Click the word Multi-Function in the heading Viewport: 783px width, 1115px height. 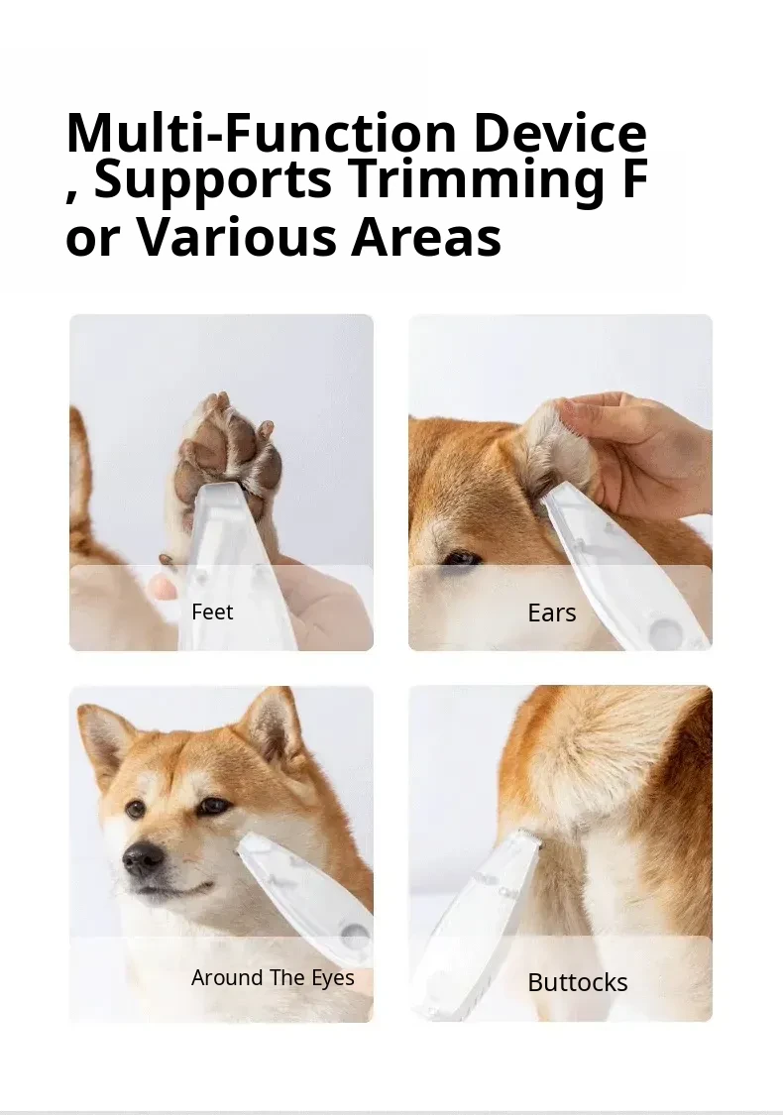tap(261, 133)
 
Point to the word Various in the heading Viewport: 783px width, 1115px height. tap(236, 236)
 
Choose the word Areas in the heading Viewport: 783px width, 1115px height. tap(426, 236)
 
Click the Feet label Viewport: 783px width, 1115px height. tap(212, 612)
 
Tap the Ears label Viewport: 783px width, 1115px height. tap(552, 613)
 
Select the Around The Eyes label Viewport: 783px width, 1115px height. tap(273, 978)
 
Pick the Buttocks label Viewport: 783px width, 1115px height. tap(578, 982)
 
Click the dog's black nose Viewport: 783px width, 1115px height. tap(143, 859)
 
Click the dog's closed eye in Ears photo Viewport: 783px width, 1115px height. tap(460, 558)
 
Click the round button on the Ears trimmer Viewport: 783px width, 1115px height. tap(667, 629)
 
